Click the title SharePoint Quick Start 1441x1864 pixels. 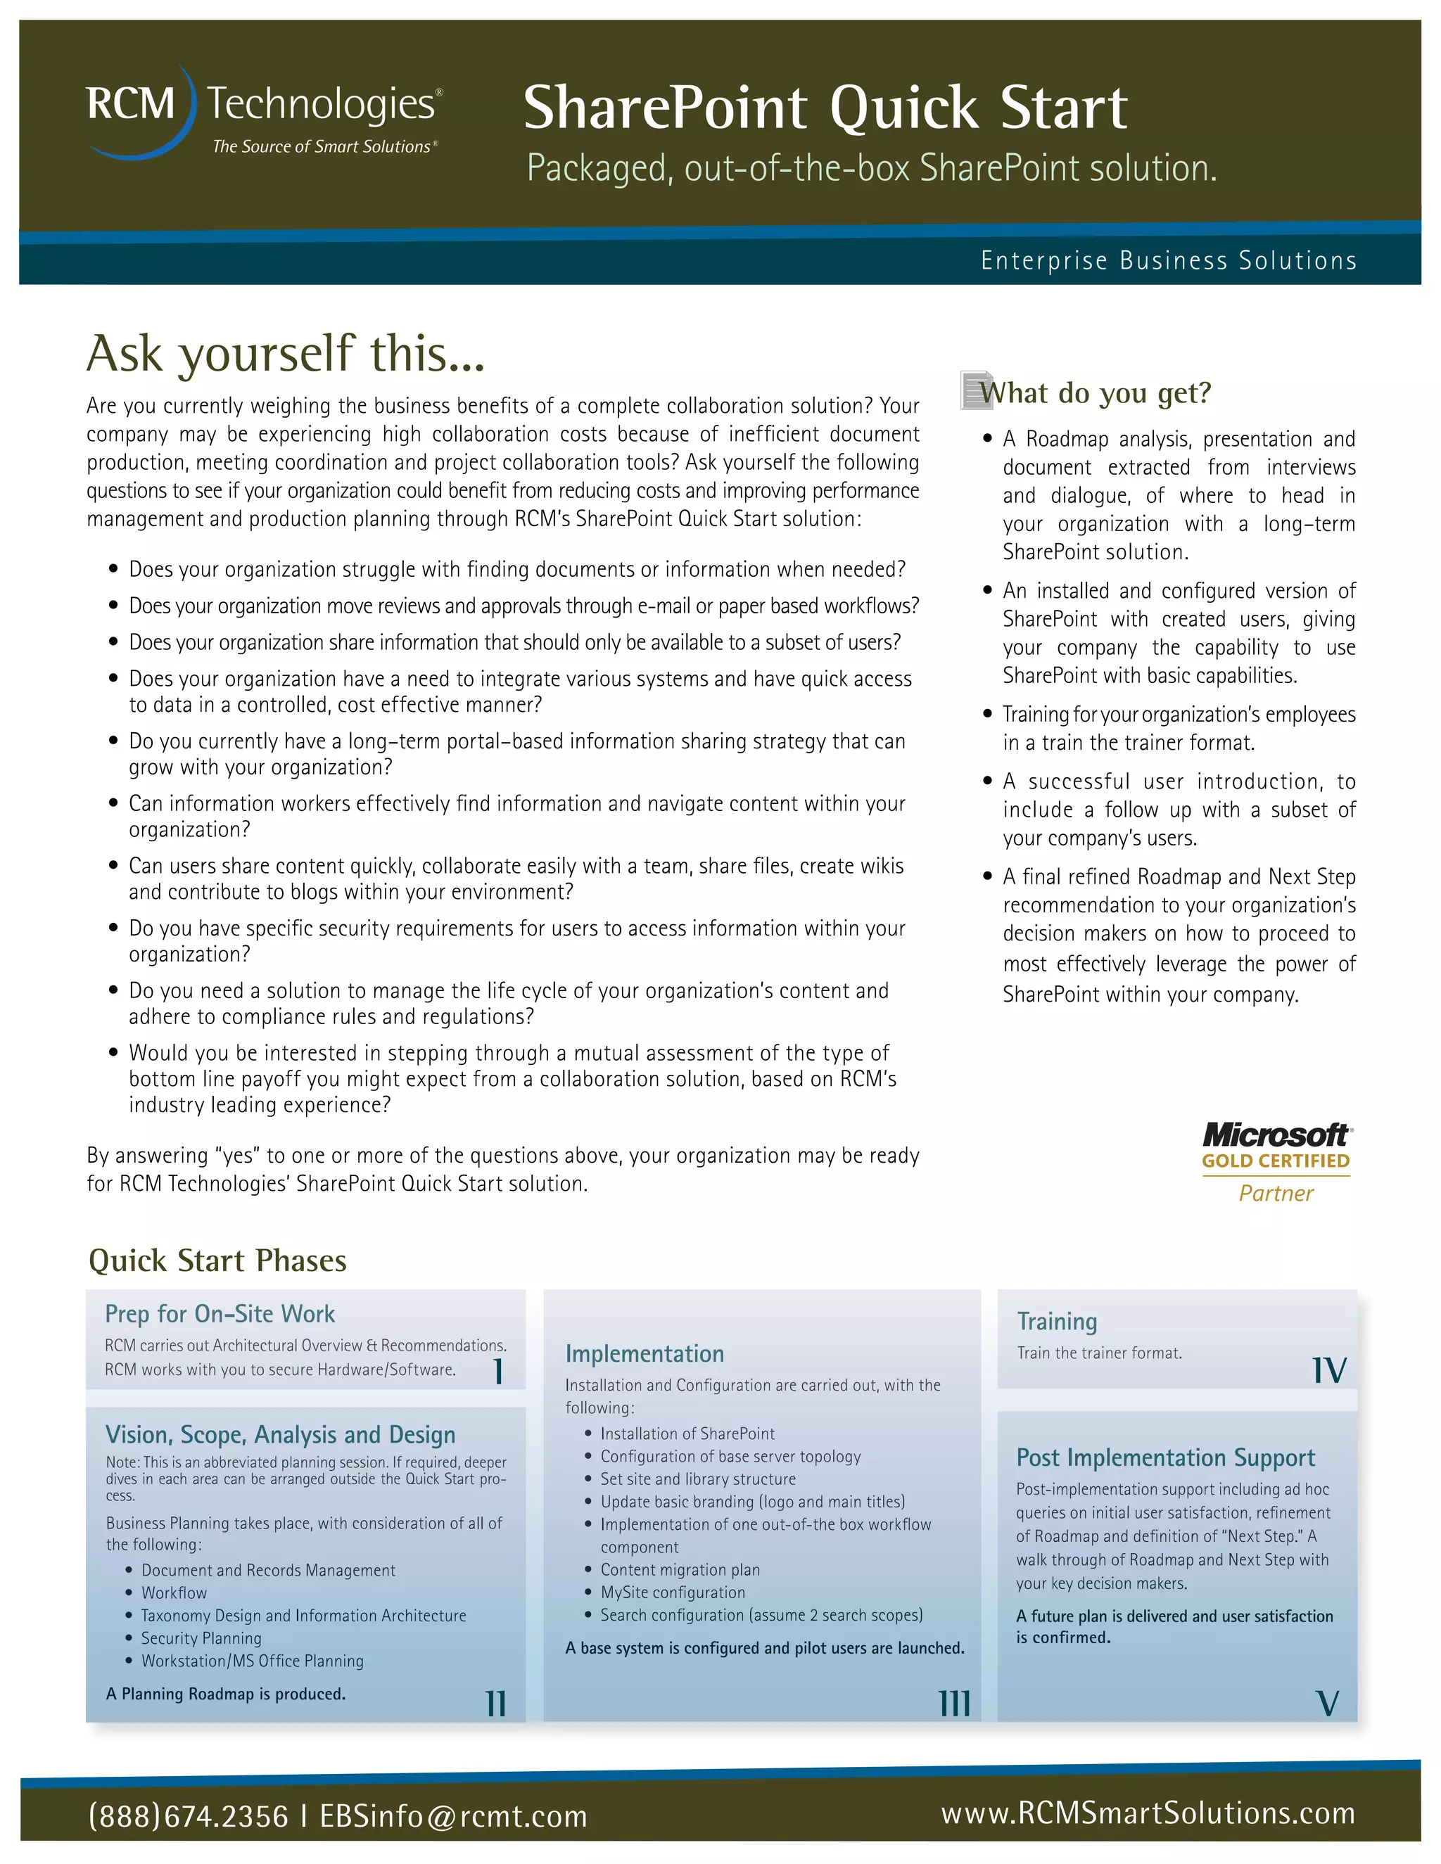pos(825,108)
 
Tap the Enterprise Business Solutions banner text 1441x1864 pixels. pos(1168,260)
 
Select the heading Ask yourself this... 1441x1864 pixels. pos(285,352)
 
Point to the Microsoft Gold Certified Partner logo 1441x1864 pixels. pos(1276,1161)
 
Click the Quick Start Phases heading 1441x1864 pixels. pos(217,1260)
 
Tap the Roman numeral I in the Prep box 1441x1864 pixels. pos(497,1372)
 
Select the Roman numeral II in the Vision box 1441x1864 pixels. pos(495,1704)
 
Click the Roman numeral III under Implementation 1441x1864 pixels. pos(954,1704)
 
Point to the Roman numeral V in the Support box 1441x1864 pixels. pos(1328,1704)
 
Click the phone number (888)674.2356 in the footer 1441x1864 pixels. pos(188,1815)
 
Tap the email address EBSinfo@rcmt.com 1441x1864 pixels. pos(453,1815)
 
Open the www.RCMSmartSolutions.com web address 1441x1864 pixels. pos(1148,1812)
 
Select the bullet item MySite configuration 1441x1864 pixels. pos(672,1592)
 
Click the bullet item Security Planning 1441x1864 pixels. pos(201,1638)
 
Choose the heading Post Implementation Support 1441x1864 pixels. pos(1164,1457)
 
